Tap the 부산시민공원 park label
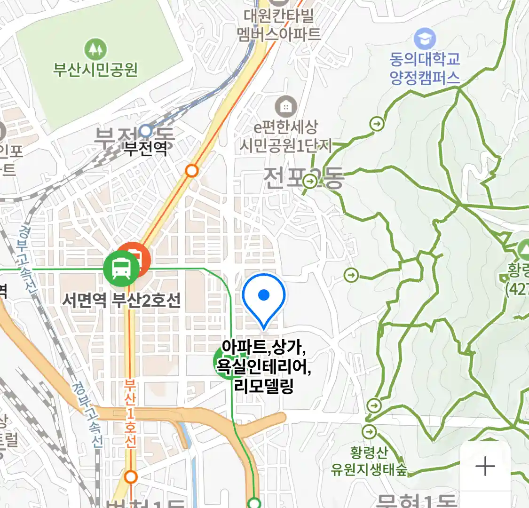pos(95,70)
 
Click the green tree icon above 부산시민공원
pos(95,49)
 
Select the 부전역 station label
pos(145,149)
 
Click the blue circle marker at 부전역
pos(146,130)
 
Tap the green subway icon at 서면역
pos(121,269)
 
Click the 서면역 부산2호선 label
pos(121,300)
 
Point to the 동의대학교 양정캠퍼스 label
pos(425,68)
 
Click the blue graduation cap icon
pos(425,39)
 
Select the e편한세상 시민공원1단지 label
pos(286,136)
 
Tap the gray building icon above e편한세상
pos(285,107)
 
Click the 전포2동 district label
pos(303,178)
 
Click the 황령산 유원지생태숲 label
pos(369,461)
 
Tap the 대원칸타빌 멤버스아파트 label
pos(279,25)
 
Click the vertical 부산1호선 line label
pos(130,414)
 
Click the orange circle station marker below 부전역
pos(191,170)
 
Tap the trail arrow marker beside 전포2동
pos(310,181)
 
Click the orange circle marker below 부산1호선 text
pos(131,477)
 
